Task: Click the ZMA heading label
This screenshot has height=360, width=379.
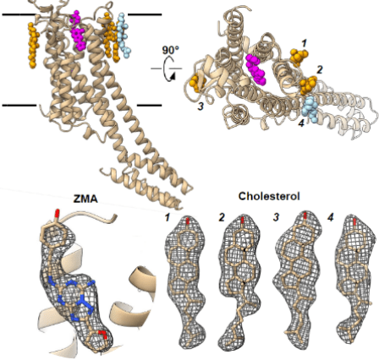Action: [85, 199]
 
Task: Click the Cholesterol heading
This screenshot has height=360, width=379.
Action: [269, 196]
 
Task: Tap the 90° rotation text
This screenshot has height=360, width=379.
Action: [171, 50]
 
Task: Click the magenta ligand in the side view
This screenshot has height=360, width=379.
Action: [78, 31]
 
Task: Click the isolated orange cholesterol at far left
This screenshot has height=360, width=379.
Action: [32, 45]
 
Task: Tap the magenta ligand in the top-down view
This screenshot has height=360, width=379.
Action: [255, 69]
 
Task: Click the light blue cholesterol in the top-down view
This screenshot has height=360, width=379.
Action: [310, 107]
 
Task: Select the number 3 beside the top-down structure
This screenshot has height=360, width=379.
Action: [200, 106]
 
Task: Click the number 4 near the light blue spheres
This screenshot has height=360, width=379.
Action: [302, 123]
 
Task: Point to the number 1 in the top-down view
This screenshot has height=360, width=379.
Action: [304, 43]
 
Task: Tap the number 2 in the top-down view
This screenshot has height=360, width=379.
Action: [319, 69]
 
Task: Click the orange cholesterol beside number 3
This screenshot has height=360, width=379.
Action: [198, 83]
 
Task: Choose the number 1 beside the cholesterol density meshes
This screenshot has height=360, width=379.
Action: [168, 217]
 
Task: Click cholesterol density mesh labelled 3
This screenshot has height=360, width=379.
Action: [296, 277]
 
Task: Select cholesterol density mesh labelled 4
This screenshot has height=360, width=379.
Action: [356, 279]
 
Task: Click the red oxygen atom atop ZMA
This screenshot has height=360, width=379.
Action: [58, 214]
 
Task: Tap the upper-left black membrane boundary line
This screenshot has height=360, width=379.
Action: [19, 14]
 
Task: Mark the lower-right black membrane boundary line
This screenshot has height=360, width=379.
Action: [150, 106]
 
